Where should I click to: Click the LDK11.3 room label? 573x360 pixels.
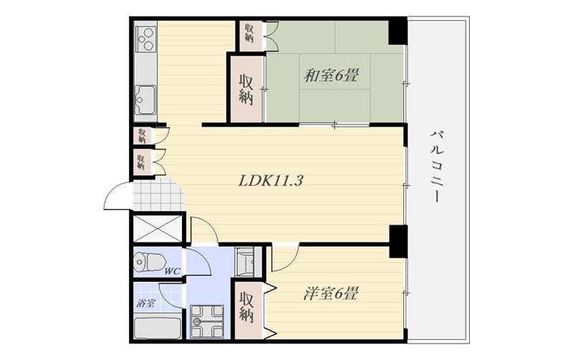click(x=271, y=181)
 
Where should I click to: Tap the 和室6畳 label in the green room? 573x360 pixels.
click(x=331, y=76)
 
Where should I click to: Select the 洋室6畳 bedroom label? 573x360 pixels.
click(x=330, y=293)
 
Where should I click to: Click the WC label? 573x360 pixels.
click(x=172, y=271)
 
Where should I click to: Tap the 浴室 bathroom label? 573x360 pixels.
click(x=146, y=303)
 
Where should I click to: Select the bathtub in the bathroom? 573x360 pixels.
click(x=158, y=328)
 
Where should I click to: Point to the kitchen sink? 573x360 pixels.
click(x=145, y=99)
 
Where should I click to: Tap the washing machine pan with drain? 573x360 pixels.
click(x=207, y=321)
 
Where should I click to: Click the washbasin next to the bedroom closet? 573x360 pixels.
click(x=245, y=262)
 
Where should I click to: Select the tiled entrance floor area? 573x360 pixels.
click(x=157, y=196)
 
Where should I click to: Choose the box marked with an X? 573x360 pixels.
click(x=158, y=229)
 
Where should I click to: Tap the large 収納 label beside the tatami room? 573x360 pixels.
click(x=246, y=89)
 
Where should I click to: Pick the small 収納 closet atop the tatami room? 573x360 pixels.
click(x=249, y=33)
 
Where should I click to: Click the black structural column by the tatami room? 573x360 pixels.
click(x=398, y=31)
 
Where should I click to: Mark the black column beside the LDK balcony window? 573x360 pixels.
click(x=398, y=242)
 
